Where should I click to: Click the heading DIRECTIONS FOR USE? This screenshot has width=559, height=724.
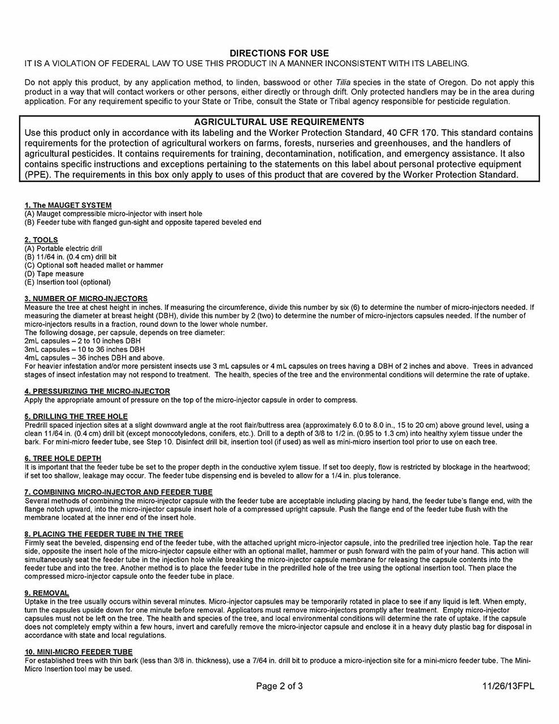click(279, 53)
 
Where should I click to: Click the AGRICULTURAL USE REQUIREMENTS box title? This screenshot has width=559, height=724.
click(279, 122)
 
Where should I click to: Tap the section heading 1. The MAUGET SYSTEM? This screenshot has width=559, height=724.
click(68, 205)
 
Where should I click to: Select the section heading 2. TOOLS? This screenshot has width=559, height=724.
click(41, 240)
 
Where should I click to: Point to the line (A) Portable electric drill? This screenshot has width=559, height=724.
click(63, 248)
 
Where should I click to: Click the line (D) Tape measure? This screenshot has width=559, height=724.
click(54, 274)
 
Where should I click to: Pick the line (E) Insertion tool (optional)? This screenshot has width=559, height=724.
click(67, 282)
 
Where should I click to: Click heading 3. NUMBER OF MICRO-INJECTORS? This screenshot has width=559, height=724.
click(86, 299)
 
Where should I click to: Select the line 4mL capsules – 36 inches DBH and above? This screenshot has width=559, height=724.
click(94, 358)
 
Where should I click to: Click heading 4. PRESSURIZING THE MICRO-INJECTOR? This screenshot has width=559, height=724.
click(97, 391)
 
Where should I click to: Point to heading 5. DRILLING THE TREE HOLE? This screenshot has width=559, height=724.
click(76, 417)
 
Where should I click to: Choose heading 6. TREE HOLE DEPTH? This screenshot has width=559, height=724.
click(63, 459)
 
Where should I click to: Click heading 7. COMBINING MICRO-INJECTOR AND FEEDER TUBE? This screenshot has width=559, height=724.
click(119, 492)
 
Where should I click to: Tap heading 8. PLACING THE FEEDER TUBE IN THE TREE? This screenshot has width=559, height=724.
click(104, 534)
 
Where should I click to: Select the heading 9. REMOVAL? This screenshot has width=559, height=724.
click(47, 593)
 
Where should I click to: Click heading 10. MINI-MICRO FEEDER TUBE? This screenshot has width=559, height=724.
click(79, 652)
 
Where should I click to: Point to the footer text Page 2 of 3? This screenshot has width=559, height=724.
click(279, 687)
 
